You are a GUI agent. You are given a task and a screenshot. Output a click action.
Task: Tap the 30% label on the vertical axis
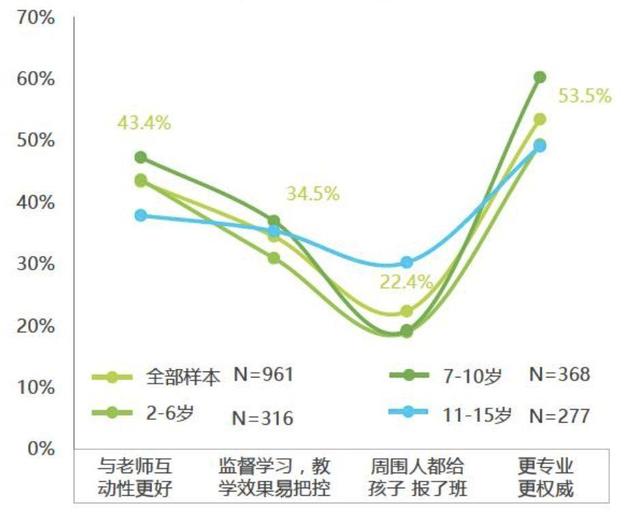pos(37,264)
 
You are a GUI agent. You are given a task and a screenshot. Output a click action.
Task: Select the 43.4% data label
pos(145,123)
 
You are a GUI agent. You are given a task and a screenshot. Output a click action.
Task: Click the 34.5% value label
pos(311,193)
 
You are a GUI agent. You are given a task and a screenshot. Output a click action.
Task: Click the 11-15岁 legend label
pos(478,413)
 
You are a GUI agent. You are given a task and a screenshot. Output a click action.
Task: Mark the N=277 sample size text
pos(560,413)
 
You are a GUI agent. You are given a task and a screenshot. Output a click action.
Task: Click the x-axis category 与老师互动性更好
pos(141,477)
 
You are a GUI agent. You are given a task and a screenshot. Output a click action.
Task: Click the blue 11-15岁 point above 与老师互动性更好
pos(141,215)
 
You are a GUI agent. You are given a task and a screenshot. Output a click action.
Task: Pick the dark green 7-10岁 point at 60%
pos(540,77)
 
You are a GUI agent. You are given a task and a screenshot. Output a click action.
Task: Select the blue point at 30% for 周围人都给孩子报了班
pos(407,263)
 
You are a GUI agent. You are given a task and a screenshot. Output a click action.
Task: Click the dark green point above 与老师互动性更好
pos(141,157)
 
